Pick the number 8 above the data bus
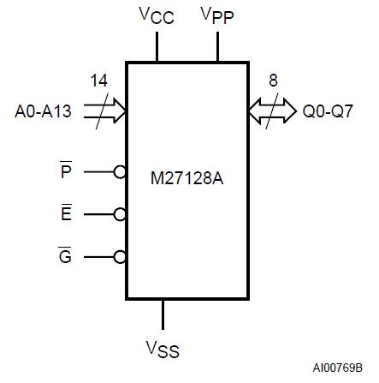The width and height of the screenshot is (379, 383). click(273, 81)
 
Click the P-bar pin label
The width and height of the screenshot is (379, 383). click(66, 171)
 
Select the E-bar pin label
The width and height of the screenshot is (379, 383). click(66, 213)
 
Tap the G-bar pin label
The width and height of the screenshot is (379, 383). click(66, 255)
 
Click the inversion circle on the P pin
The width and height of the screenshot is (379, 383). click(121, 171)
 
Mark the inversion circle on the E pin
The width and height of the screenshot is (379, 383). click(121, 213)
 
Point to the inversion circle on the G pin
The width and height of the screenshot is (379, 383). click(121, 255)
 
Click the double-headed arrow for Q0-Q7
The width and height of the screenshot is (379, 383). click(271, 111)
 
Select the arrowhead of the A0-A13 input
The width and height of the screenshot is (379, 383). click(121, 111)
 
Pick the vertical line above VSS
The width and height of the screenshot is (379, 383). click(163, 312)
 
